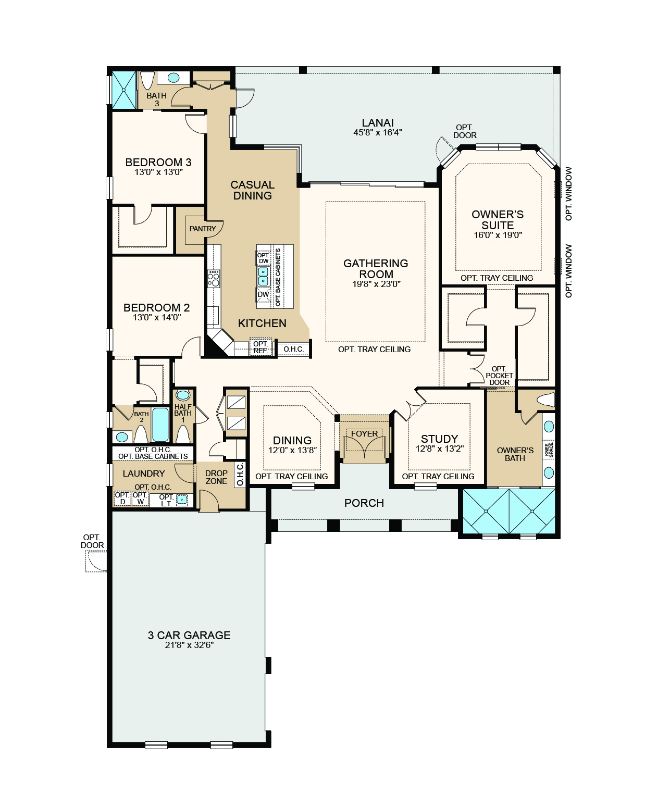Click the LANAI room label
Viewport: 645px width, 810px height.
pos(378,123)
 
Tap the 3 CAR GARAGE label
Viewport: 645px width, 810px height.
pos(189,635)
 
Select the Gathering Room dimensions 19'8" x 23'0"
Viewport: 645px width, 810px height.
pos(376,284)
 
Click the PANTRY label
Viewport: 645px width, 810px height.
pos(203,229)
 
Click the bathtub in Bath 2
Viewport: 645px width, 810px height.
pos(160,425)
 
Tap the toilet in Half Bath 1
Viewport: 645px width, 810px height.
pos(183,433)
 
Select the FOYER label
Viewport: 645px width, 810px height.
pos(364,433)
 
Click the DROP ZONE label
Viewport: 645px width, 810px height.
pos(216,477)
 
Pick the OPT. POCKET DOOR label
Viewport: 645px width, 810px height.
pos(499,376)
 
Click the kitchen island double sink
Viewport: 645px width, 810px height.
pos(263,276)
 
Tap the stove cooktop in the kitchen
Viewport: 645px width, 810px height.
pos(214,279)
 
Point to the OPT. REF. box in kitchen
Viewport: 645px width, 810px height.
pos(261,347)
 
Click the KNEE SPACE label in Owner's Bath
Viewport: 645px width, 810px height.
pos(549,450)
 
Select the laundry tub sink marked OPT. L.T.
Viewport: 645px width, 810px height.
pos(181,500)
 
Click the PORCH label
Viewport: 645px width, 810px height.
pos(364,503)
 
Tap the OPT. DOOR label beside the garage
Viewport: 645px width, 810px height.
pos(92,541)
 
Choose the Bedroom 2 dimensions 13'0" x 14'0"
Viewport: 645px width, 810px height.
pos(157,317)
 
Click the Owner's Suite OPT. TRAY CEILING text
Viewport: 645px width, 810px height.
pos(497,278)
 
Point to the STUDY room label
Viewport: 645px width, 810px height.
pos(439,439)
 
